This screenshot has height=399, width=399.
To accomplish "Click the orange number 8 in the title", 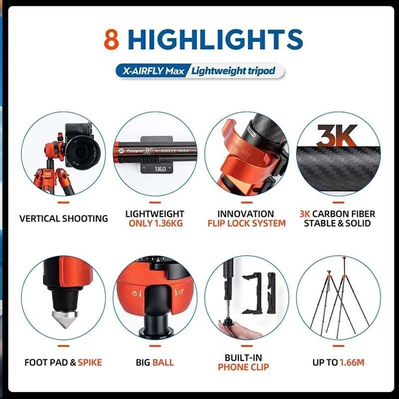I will point(112,39).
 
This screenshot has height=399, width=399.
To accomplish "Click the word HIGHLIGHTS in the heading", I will point(215,39).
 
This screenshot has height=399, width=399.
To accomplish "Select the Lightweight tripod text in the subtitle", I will point(233,71).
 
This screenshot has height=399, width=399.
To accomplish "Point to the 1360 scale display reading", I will point(160,169).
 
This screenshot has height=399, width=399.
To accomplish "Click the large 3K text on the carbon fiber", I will point(337,135).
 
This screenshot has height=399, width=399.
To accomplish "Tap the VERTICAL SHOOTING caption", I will point(63,218).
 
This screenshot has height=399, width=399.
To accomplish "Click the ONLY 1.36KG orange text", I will point(155,223).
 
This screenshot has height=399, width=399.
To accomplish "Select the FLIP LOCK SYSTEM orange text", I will point(246,223).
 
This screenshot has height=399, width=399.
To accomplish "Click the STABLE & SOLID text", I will point(338,223).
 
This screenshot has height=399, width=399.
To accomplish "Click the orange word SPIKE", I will point(89,362).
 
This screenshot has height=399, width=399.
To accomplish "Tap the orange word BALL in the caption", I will point(163,362).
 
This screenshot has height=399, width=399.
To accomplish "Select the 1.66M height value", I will point(352,362).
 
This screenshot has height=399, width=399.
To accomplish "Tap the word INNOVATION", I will point(246,214).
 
